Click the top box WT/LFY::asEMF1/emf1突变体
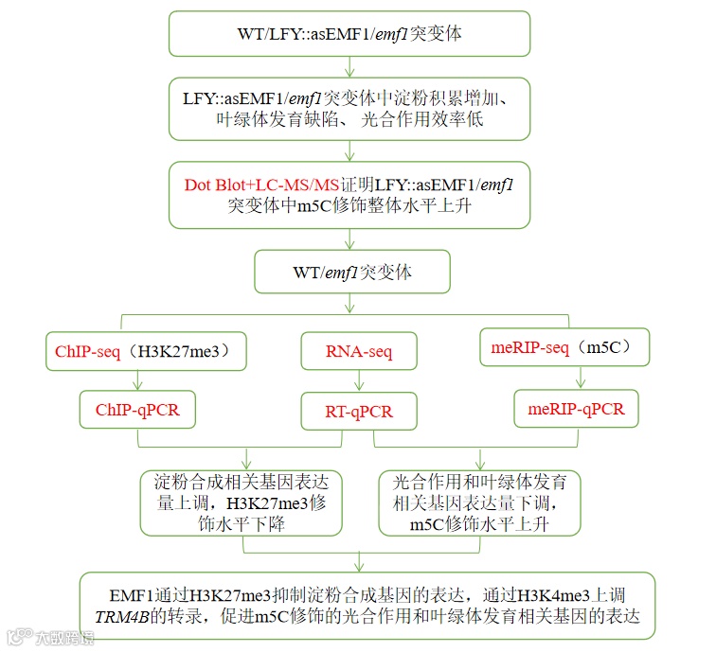350,34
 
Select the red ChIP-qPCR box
137,411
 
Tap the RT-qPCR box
359,412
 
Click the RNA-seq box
359,352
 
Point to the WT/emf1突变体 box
350,273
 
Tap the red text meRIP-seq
530,348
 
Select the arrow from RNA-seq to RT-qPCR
359,381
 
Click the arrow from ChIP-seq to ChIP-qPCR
138,381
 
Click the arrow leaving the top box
350,66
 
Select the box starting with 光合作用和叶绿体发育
479,502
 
